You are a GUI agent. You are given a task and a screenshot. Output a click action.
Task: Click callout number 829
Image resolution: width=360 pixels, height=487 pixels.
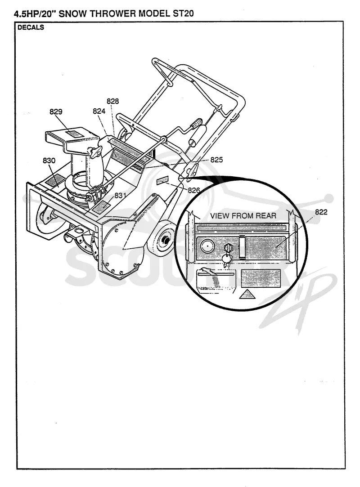point(56,112)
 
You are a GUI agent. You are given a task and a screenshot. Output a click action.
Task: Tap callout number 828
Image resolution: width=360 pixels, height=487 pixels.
point(113,101)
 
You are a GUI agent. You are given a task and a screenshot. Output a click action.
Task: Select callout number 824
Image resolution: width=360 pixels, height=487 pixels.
point(99,111)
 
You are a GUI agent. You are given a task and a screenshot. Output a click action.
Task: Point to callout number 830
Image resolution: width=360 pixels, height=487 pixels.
point(49,160)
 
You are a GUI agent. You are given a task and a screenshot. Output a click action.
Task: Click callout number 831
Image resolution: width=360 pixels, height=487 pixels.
point(120,195)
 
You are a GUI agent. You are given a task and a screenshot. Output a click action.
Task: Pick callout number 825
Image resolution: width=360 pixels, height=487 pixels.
point(217,160)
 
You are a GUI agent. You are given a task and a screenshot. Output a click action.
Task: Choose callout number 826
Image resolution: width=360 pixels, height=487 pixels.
point(194,190)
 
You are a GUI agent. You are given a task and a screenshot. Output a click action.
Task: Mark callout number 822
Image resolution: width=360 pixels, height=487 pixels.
point(321,212)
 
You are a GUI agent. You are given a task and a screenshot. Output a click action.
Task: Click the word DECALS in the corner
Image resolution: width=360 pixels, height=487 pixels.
point(31,27)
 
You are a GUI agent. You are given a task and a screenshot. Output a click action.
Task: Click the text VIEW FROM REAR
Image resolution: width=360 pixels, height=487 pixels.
point(243,215)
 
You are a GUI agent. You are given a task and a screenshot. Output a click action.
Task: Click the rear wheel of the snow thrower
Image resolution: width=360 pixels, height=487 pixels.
point(164,238)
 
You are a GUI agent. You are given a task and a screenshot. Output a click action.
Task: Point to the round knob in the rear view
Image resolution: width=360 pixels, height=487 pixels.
point(206,247)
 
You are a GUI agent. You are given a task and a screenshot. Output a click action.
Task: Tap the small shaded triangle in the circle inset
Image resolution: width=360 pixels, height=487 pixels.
point(247,294)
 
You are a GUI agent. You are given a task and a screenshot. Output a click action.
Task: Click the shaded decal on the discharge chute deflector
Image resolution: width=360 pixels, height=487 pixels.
point(74,134)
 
